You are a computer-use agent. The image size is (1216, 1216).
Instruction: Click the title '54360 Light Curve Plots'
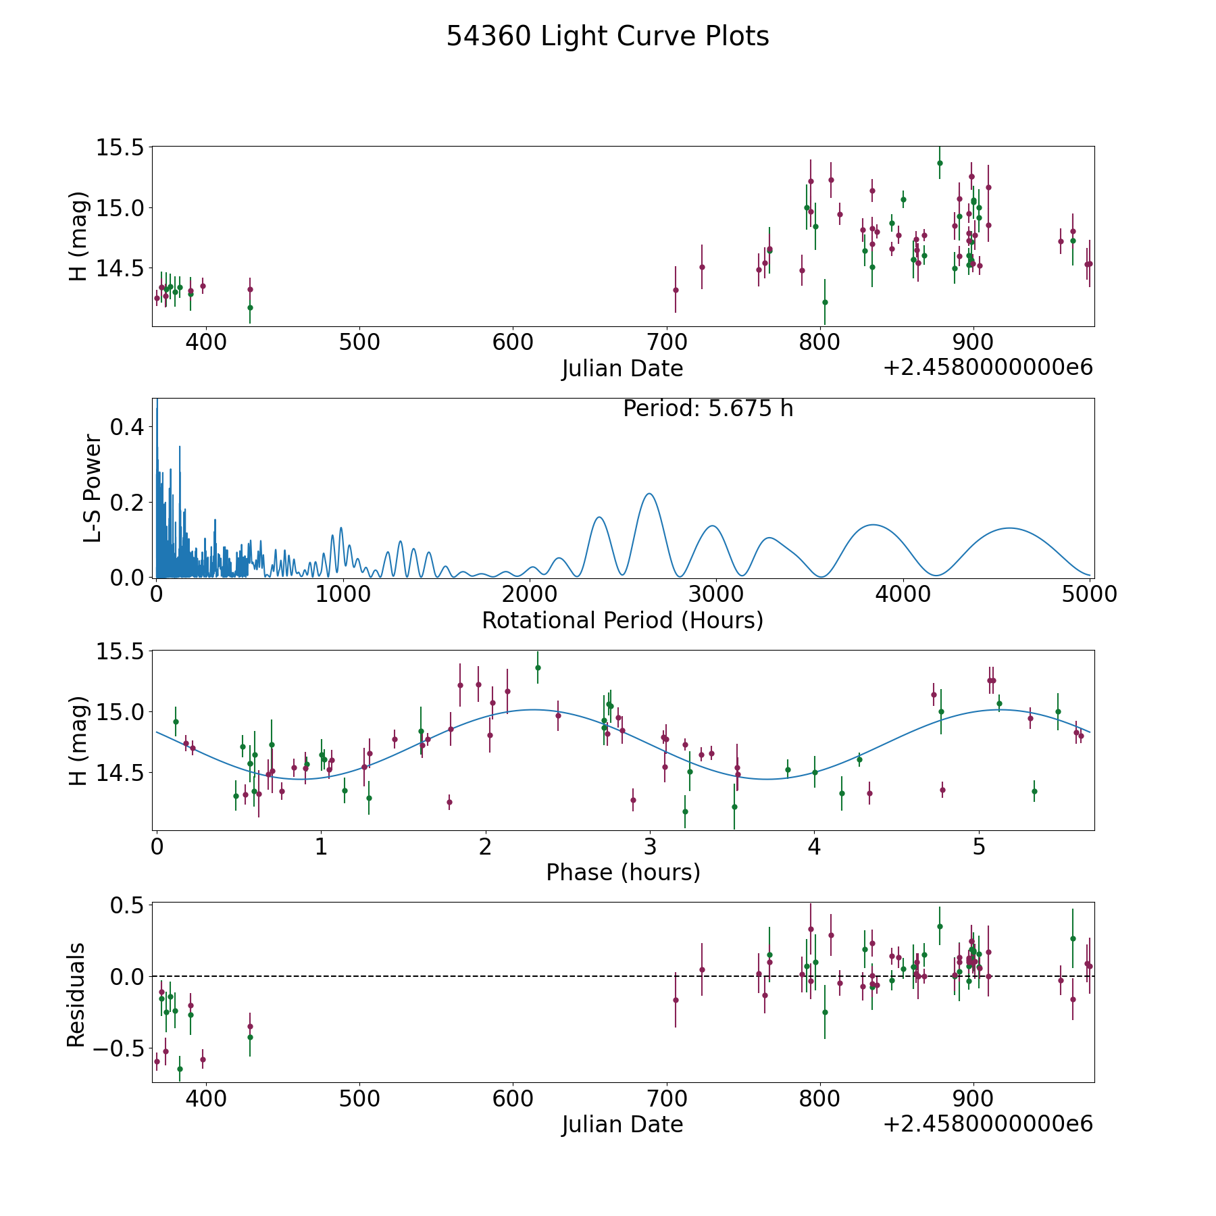pos(607,36)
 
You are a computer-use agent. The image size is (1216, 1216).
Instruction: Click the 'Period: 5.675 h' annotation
pos(708,409)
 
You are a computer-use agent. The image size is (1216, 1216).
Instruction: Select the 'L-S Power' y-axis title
pos(93,488)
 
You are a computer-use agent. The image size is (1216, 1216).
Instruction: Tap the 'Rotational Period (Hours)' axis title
pos(622,620)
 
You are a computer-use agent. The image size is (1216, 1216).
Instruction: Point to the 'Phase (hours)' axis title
pos(623,872)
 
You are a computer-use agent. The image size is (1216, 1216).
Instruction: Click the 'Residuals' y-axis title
pos(76,994)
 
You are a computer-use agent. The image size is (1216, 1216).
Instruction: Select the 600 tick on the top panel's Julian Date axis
pos(513,342)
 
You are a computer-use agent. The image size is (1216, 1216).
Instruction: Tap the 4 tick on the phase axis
pos(815,846)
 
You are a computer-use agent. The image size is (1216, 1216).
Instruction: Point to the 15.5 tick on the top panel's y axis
pos(120,147)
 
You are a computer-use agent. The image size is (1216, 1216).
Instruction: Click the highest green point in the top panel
pos(940,163)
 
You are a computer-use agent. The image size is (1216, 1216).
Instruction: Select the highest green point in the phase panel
pos(538,667)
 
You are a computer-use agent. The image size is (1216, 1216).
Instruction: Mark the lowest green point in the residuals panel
pos(180,1069)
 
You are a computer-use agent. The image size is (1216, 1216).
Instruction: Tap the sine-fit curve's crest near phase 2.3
pos(533,709)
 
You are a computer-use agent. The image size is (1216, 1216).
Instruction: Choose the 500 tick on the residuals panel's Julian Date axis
pos(359,1098)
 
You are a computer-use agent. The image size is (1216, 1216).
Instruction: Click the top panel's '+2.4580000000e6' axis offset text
pos(988,368)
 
